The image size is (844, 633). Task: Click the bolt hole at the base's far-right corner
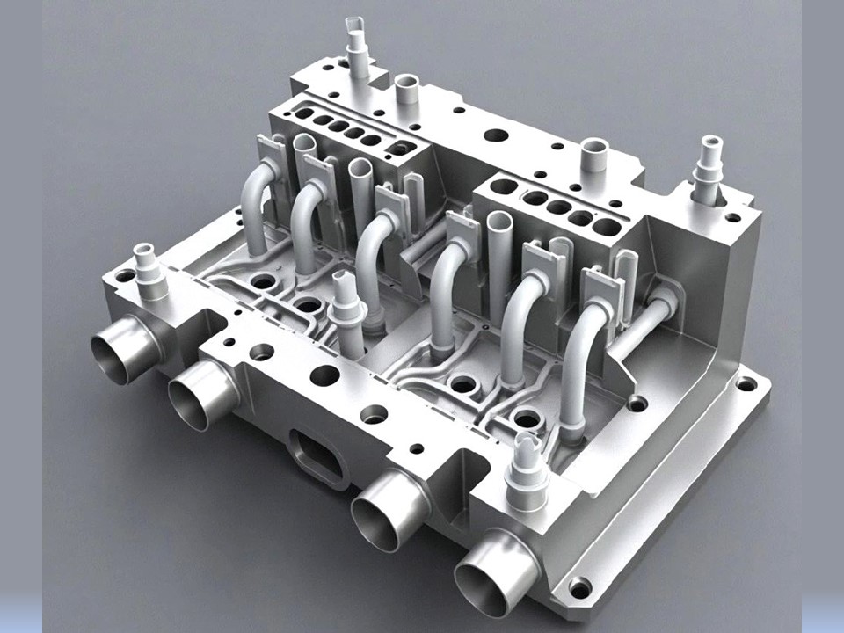pos(746,383)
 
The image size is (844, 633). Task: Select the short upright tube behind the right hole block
pos(594,159)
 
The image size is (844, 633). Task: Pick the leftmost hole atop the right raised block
pos(504,186)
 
